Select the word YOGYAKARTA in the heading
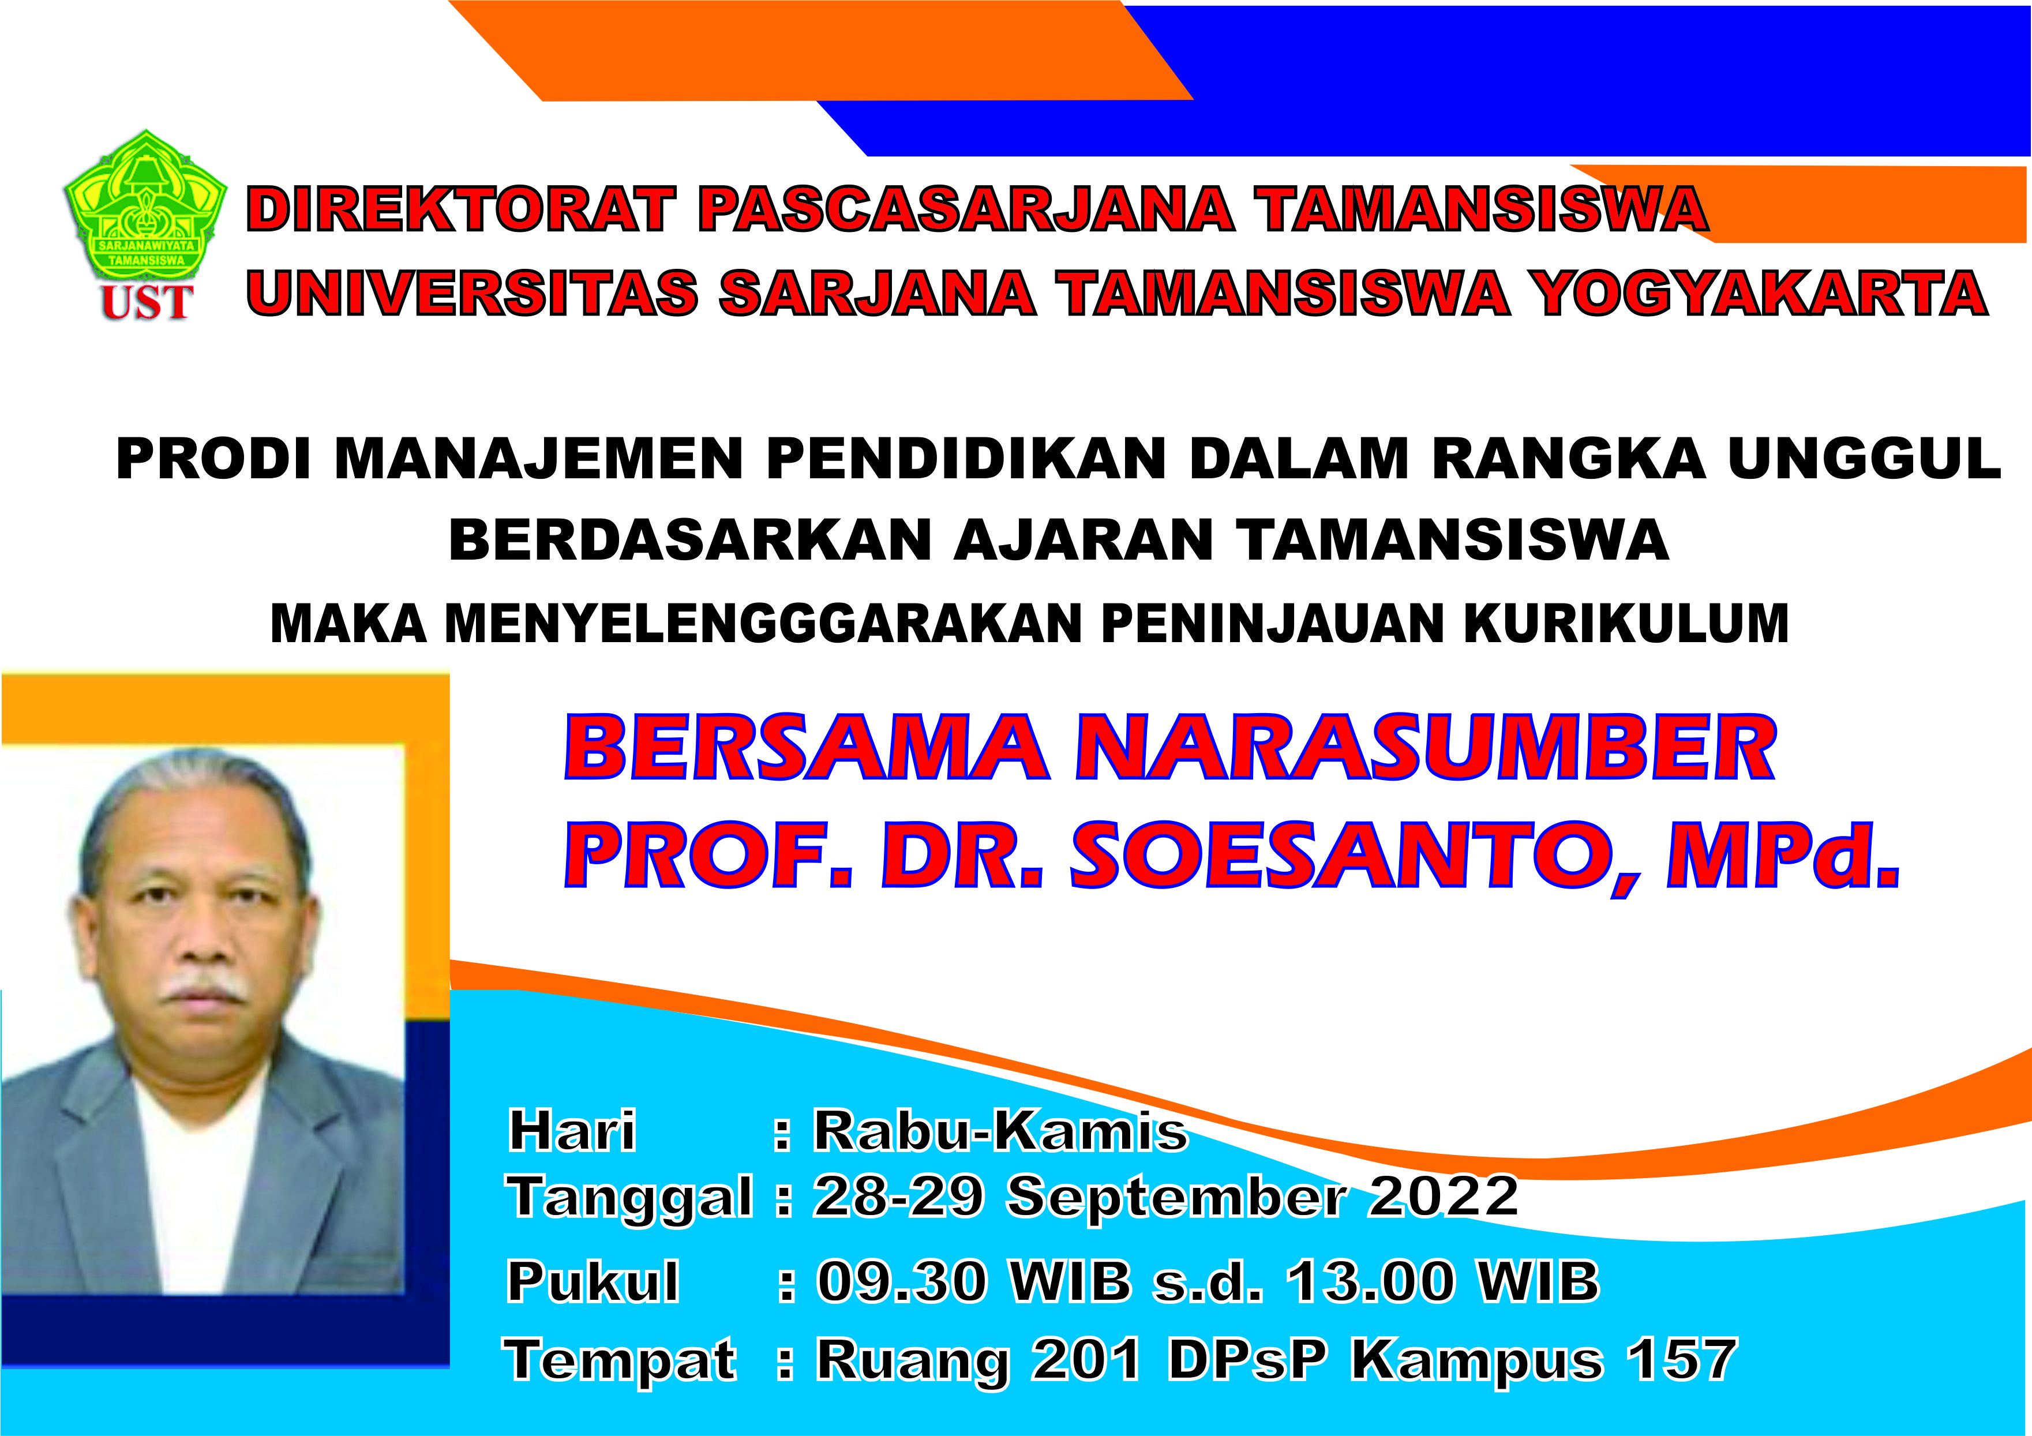point(1762,293)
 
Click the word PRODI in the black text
point(212,459)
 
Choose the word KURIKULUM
point(1626,623)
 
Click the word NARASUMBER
point(1426,749)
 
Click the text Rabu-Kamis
point(1000,1131)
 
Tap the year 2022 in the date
point(1444,1197)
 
